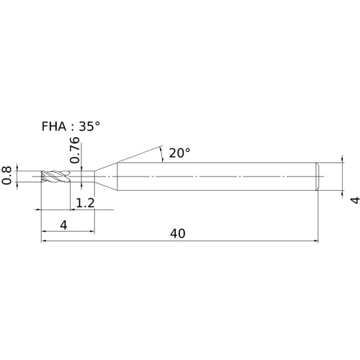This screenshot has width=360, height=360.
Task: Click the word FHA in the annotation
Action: pos(54,126)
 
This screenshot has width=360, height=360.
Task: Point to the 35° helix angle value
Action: pos(89,126)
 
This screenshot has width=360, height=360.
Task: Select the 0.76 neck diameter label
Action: pos(74,150)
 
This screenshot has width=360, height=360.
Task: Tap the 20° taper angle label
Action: pos(180,153)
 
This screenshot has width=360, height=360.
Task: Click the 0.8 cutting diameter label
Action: pos(6,176)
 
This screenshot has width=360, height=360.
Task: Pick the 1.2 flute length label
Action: pos(85,203)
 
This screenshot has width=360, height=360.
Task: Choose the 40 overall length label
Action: pos(178,233)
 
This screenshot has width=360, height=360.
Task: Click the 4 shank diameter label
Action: pos(355,200)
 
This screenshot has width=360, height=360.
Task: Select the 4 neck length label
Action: pos(63,225)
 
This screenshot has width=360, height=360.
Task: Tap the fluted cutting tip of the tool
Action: pos(55,176)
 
